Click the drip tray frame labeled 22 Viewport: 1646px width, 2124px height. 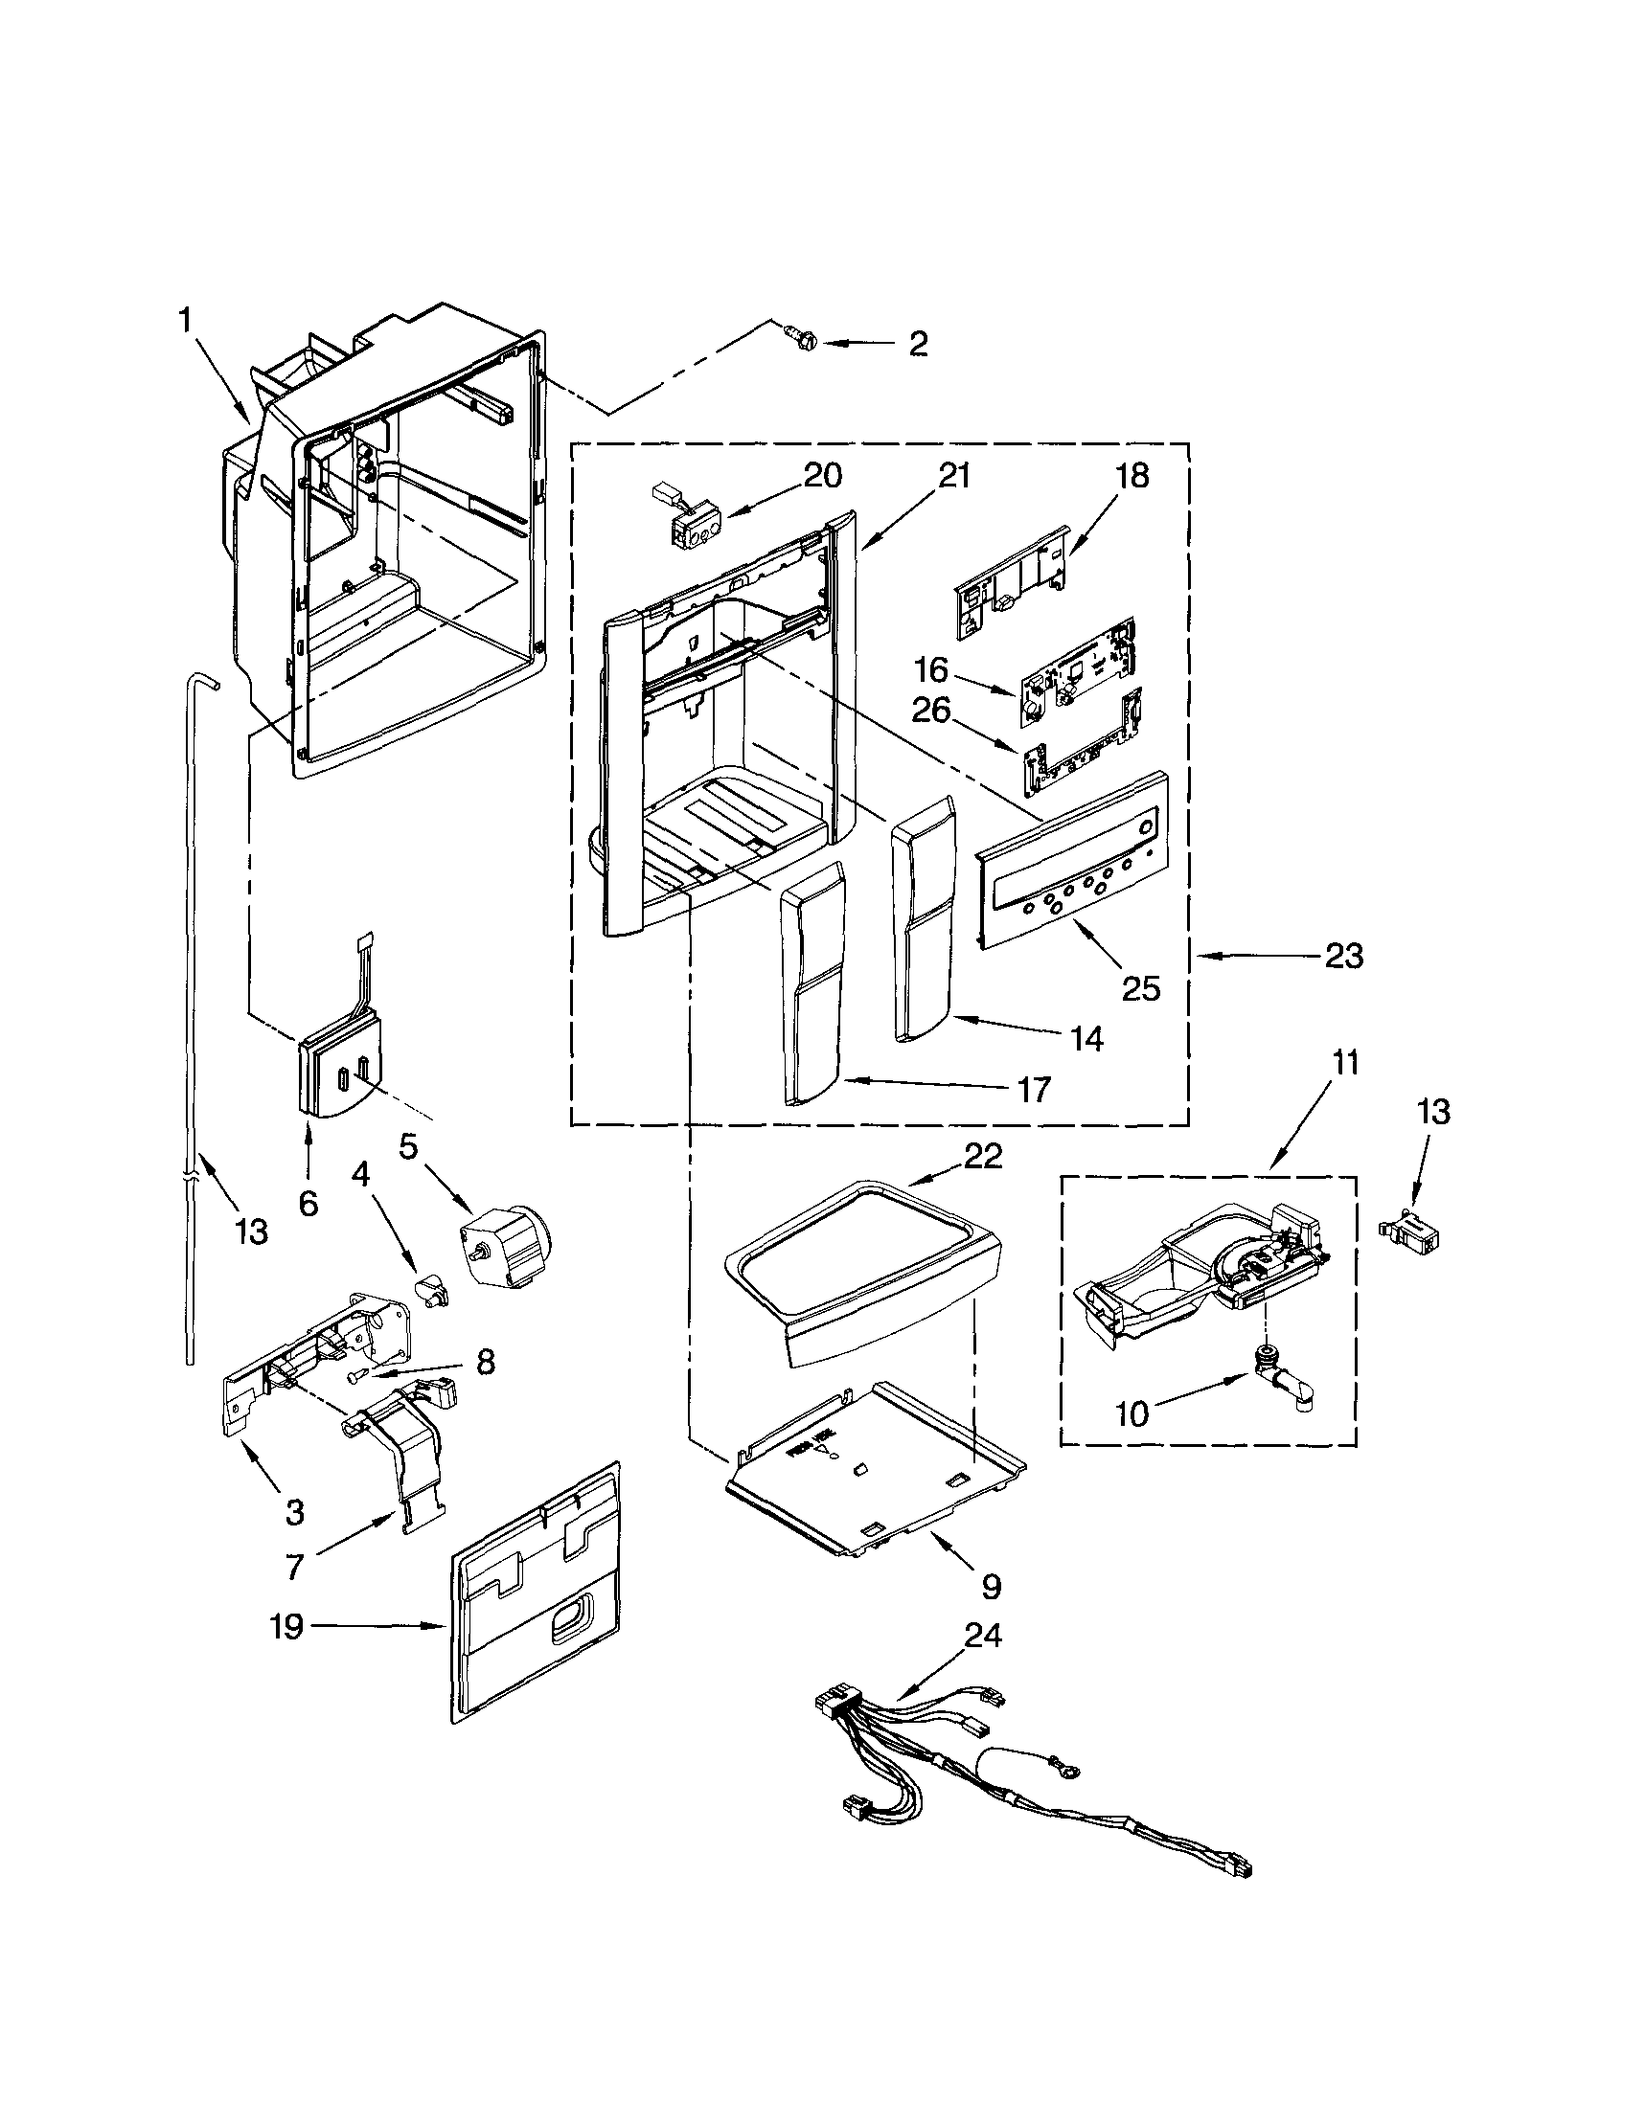coord(861,1274)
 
